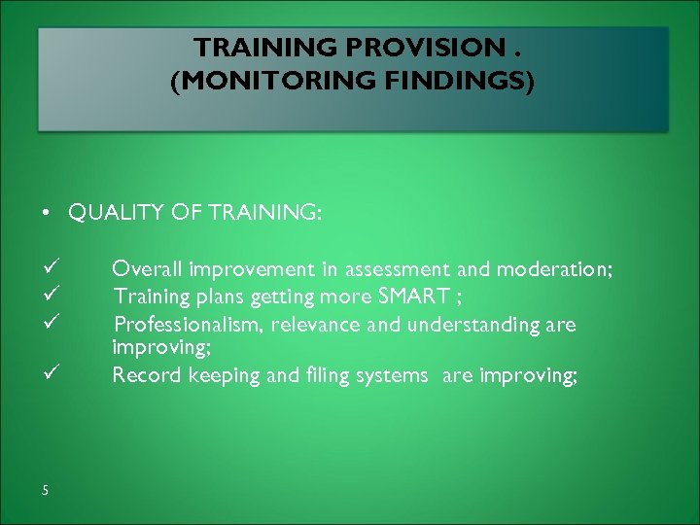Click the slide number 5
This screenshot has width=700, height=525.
[x=46, y=490]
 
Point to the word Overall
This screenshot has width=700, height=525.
[x=146, y=268]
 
